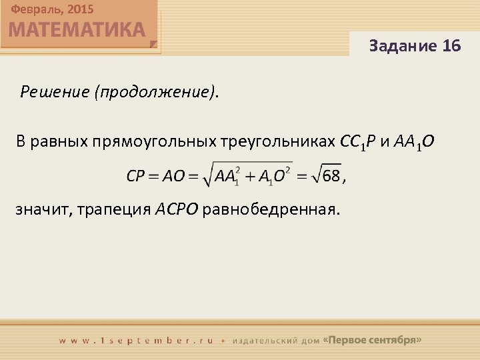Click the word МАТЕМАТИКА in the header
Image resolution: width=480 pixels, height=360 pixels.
(77, 30)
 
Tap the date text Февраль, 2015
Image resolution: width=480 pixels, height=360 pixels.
(52, 9)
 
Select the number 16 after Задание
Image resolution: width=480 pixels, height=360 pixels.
(451, 45)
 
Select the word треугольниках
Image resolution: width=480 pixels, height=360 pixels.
(277, 141)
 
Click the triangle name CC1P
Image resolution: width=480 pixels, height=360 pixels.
(359, 141)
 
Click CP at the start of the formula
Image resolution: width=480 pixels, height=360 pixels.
(136, 176)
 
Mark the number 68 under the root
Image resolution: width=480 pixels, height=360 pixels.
(331, 176)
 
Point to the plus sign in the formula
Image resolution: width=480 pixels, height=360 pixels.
(250, 176)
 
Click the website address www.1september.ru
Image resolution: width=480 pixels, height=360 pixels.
(136, 340)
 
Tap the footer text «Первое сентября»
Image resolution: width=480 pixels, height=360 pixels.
(372, 339)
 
